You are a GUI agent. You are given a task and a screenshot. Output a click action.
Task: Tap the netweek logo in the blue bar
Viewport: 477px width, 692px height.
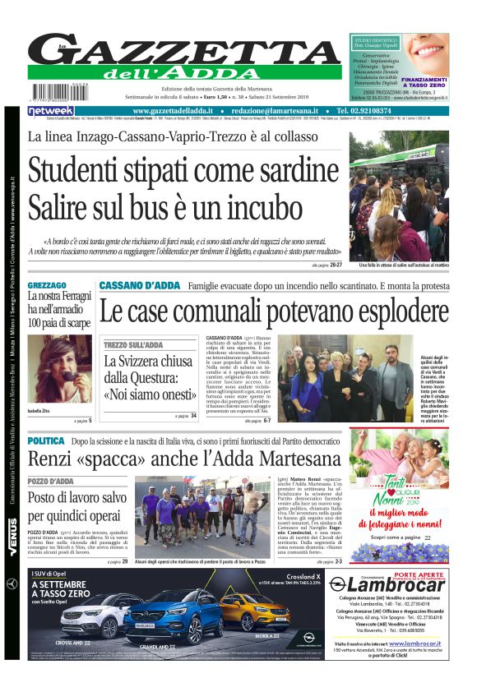[x=51, y=111]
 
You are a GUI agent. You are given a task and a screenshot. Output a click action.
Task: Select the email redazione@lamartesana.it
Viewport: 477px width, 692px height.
[x=274, y=111]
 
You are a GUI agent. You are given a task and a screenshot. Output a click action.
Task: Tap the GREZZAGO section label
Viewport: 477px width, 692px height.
[x=47, y=284]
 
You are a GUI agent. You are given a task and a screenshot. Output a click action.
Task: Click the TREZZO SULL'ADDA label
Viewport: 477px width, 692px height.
[x=134, y=345]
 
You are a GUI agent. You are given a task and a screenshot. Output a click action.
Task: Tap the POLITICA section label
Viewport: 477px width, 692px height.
[x=46, y=441]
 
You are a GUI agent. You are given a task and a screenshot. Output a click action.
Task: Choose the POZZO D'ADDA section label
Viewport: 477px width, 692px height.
[x=51, y=481]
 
